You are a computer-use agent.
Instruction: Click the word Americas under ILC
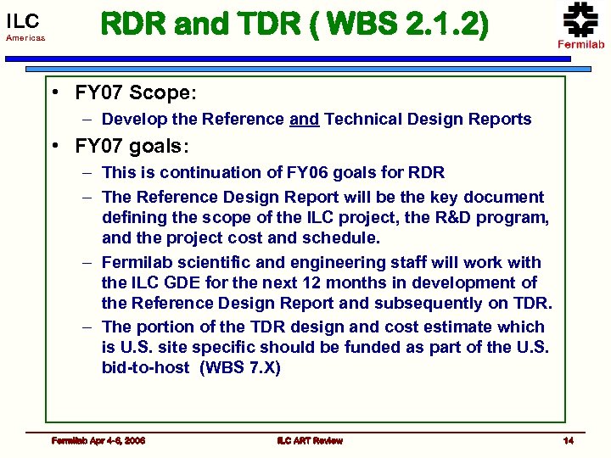[26, 39]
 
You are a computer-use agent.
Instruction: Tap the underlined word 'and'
[304, 120]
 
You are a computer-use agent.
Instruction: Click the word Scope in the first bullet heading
[160, 92]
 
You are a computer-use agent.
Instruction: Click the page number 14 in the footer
[569, 440]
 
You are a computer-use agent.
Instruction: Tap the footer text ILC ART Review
[309, 440]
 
